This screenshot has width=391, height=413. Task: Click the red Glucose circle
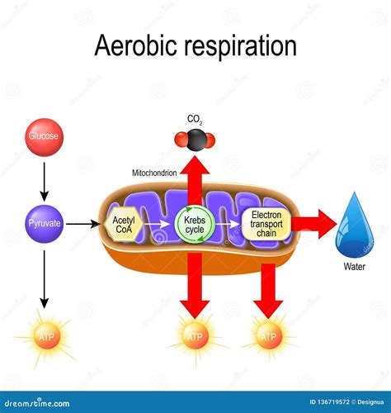[45, 135]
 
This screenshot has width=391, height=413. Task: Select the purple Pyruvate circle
[45, 223]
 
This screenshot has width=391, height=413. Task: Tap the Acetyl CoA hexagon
[123, 223]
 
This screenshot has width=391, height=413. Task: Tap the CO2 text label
[195, 117]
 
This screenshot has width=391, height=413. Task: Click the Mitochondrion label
[153, 173]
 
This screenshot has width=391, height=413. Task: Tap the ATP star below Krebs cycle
[195, 337]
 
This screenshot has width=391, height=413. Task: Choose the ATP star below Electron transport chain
[268, 337]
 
